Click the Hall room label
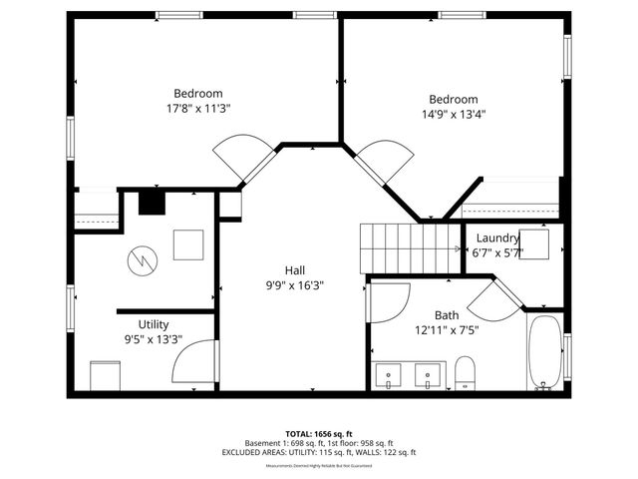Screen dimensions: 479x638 295,269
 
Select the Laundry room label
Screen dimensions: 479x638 497,238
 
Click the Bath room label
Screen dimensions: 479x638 447,314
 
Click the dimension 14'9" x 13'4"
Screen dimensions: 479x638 454,114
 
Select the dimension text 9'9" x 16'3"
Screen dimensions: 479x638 295,284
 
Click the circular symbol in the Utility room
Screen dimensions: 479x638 143,260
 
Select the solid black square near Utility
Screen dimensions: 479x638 151,203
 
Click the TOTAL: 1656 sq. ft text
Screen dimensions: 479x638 319,434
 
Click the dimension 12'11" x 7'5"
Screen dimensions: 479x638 447,329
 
